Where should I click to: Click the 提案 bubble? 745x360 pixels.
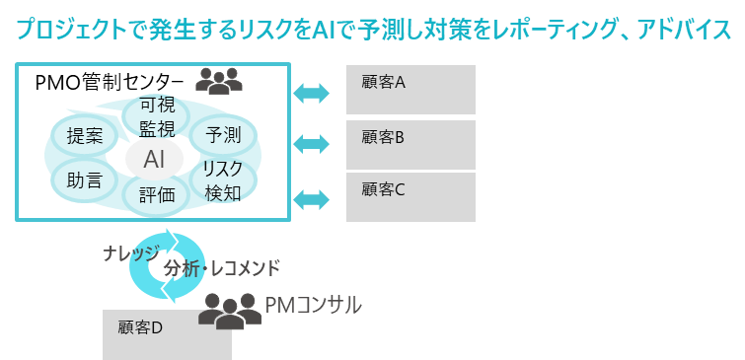click(86, 137)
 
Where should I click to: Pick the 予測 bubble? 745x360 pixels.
click(222, 135)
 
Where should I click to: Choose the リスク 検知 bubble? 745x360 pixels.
click(222, 180)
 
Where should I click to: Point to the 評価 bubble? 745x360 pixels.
click(156, 195)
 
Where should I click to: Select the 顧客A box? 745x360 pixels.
click(410, 90)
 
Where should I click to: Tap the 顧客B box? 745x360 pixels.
click(410, 144)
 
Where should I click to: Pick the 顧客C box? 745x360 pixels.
click(410, 196)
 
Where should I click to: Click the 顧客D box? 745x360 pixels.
click(167, 334)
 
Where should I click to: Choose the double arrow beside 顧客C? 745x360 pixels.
click(312, 198)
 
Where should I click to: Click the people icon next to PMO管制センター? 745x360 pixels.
click(219, 80)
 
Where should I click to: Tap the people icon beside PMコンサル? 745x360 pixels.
click(230, 312)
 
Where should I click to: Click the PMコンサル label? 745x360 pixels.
click(314, 305)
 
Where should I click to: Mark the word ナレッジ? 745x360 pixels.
click(131, 253)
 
